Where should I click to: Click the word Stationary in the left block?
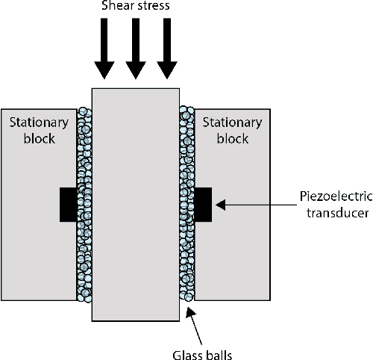pyautogui.click(x=39, y=124)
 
